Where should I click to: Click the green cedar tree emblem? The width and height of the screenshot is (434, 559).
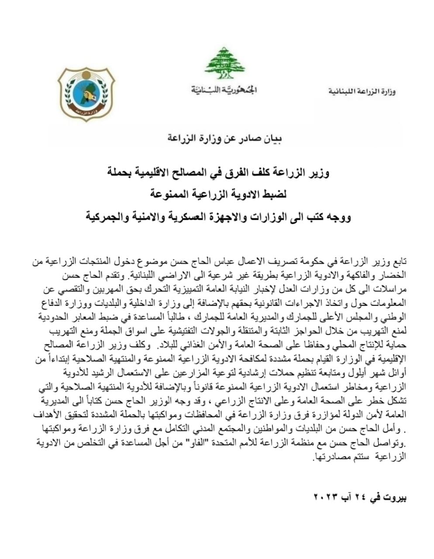pyautogui.click(x=225, y=63)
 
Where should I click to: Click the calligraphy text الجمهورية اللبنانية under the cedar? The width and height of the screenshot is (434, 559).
pyautogui.click(x=224, y=90)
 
